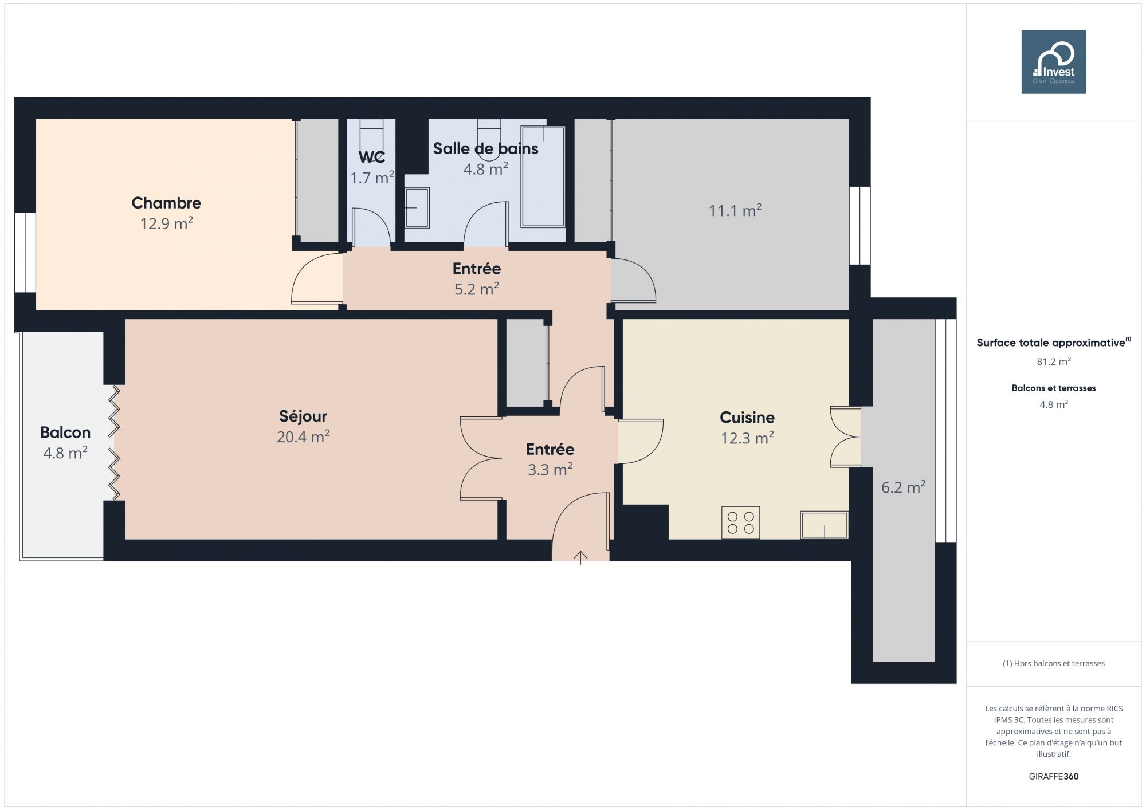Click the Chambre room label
166,203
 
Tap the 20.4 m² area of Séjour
303,437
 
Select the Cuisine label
747,418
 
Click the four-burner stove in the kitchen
741,522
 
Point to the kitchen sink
825,525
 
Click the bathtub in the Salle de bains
543,177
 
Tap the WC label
372,157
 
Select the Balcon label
65,432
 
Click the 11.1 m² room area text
735,211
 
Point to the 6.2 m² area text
904,487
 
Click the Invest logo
1054,62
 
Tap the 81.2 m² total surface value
1054,361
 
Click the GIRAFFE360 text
1054,777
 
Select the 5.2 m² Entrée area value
477,289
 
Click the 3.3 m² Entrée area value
550,470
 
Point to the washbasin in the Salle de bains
417,209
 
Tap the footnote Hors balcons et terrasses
1054,663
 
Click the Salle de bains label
486,148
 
